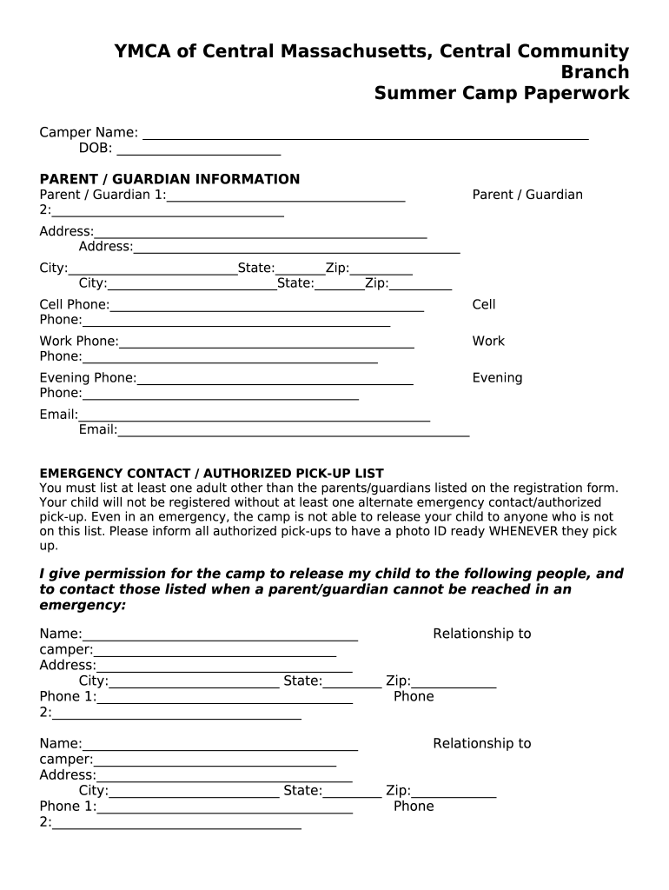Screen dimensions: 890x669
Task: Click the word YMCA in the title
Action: point(143,52)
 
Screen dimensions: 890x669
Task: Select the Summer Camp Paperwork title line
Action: point(501,94)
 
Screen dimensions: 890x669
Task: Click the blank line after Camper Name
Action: point(365,134)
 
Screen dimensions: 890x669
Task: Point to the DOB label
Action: point(96,149)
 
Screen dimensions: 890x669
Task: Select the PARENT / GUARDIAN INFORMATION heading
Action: point(169,179)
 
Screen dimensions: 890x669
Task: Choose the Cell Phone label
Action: point(75,304)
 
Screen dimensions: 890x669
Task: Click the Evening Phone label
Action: point(88,377)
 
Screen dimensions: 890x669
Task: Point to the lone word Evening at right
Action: point(497,377)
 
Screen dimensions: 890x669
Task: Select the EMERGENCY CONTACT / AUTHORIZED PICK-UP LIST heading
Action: point(211,474)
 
